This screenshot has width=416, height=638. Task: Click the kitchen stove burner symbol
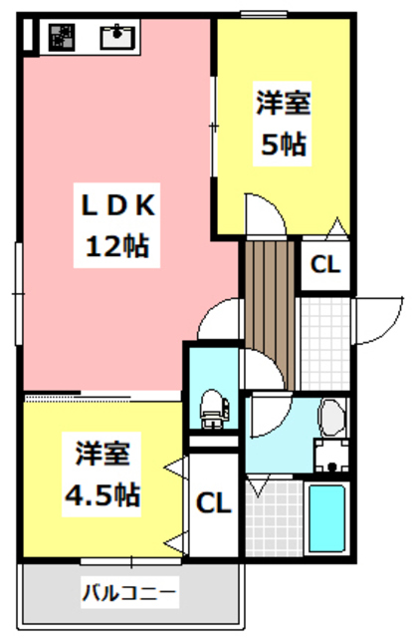point(63,37)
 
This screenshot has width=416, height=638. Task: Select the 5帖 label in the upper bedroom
point(283,144)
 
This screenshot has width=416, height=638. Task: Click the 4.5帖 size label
point(103,491)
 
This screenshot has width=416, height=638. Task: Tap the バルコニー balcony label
point(129,593)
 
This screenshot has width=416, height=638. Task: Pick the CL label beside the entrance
point(324,266)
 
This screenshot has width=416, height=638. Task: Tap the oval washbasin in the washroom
point(330,417)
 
